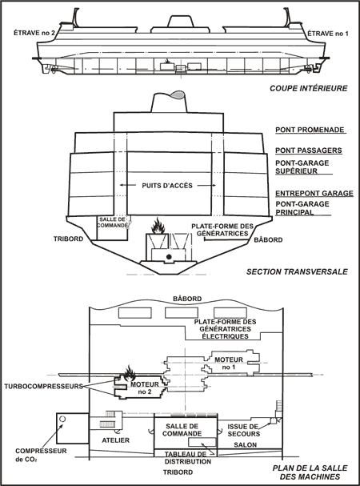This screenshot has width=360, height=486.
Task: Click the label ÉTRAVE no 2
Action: [34, 33]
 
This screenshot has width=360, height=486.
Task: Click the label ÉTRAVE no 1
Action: [328, 34]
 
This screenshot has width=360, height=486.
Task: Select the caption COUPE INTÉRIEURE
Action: [309, 88]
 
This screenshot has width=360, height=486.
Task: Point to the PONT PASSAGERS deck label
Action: [309, 151]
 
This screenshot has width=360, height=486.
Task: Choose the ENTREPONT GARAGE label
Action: [314, 194]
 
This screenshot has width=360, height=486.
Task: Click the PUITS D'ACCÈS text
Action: [167, 186]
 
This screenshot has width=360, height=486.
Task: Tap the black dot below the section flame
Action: [169, 257]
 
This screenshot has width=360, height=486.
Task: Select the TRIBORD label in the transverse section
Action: [68, 239]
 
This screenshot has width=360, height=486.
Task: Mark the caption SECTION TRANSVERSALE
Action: [297, 272]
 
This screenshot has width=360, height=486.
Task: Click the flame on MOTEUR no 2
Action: [130, 373]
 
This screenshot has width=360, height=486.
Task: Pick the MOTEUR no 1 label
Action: [229, 363]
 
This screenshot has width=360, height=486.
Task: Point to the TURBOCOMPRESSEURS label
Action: [44, 387]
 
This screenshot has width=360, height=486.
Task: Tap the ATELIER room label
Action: [115, 440]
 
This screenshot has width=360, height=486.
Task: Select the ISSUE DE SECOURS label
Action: [243, 430]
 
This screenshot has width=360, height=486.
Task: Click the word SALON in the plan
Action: [246, 445]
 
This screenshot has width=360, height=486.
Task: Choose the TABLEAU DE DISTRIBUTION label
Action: [187, 458]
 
